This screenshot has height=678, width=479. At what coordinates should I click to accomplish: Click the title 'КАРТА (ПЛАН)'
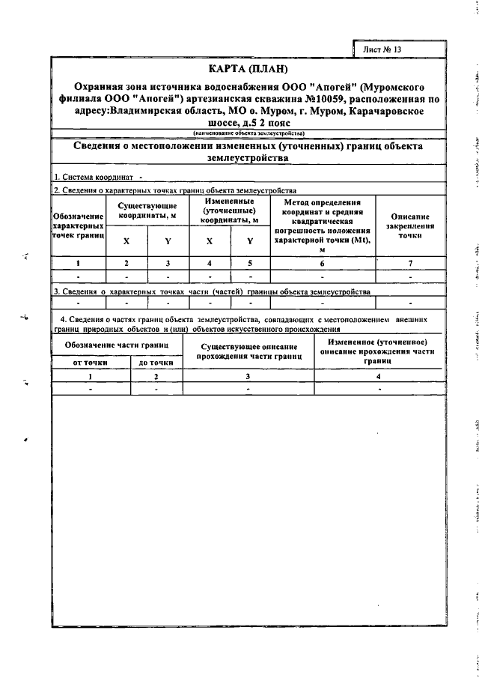pyautogui.click(x=248, y=70)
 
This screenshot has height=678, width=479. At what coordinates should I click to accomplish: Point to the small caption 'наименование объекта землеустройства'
pyautogui.click(x=248, y=133)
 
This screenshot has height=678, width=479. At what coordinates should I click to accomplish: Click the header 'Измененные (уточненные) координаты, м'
pyautogui.click(x=230, y=211)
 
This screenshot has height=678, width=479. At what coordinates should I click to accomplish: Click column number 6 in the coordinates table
pyautogui.click(x=323, y=263)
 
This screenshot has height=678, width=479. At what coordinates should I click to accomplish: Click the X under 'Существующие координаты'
pyautogui.click(x=126, y=241)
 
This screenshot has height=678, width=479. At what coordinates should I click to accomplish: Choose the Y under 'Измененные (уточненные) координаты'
pyautogui.click(x=250, y=241)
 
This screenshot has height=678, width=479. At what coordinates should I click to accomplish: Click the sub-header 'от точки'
pyautogui.click(x=90, y=363)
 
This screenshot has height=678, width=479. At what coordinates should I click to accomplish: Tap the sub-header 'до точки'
pyautogui.click(x=156, y=363)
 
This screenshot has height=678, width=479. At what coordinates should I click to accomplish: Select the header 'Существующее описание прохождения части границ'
pyautogui.click(x=248, y=352)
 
